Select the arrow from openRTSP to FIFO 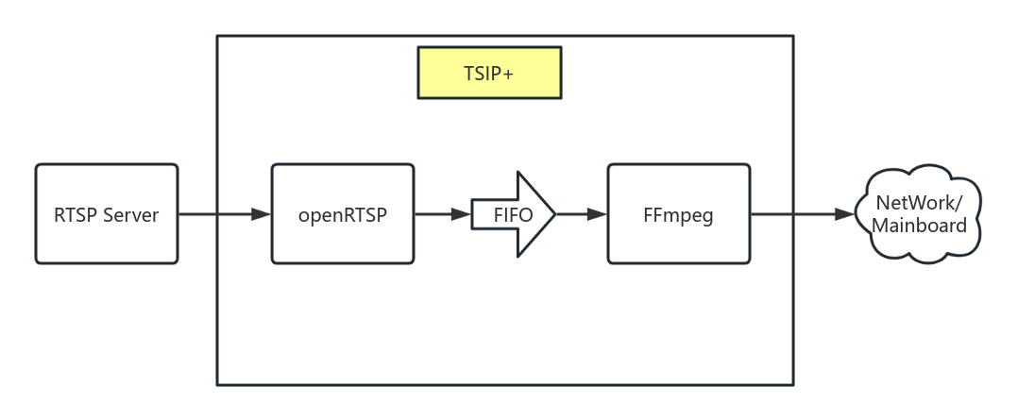pos(442,214)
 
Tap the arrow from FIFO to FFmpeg pos(581,214)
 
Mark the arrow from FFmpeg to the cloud pos(803,214)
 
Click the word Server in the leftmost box pos(130,214)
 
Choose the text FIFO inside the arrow pos(513,215)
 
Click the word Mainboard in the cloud pos(919,227)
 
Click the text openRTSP pos(342,214)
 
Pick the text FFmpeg pos(677,214)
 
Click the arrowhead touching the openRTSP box pos(262,214)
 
